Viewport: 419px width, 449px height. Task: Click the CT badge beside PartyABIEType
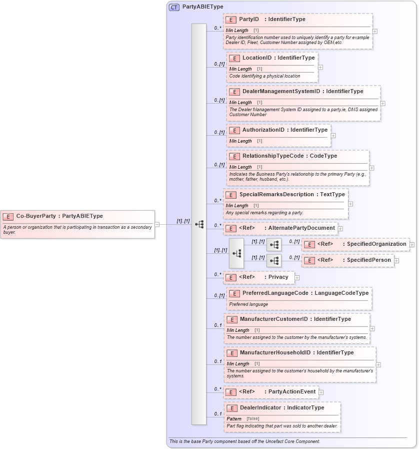[x=174, y=7]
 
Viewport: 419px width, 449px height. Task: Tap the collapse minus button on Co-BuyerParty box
[x=157, y=224]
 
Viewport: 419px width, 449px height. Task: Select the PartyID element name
[x=249, y=20]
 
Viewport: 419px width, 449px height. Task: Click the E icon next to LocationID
[x=234, y=58]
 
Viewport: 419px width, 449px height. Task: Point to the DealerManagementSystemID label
[x=281, y=92]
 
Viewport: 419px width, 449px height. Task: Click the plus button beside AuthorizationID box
[x=333, y=135]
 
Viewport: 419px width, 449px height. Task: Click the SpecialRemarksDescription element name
[x=271, y=195]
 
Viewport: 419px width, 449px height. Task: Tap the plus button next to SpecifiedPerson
[x=396, y=260]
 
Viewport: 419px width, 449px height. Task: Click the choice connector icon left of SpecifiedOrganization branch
[x=273, y=245]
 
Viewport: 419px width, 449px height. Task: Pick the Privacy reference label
[x=278, y=277]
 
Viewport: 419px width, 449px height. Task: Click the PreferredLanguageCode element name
[x=275, y=293]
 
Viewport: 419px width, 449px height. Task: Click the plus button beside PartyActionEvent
[x=321, y=392]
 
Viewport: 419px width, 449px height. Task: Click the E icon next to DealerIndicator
[x=231, y=408]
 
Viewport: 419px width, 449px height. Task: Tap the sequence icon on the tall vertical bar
[x=199, y=224]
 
